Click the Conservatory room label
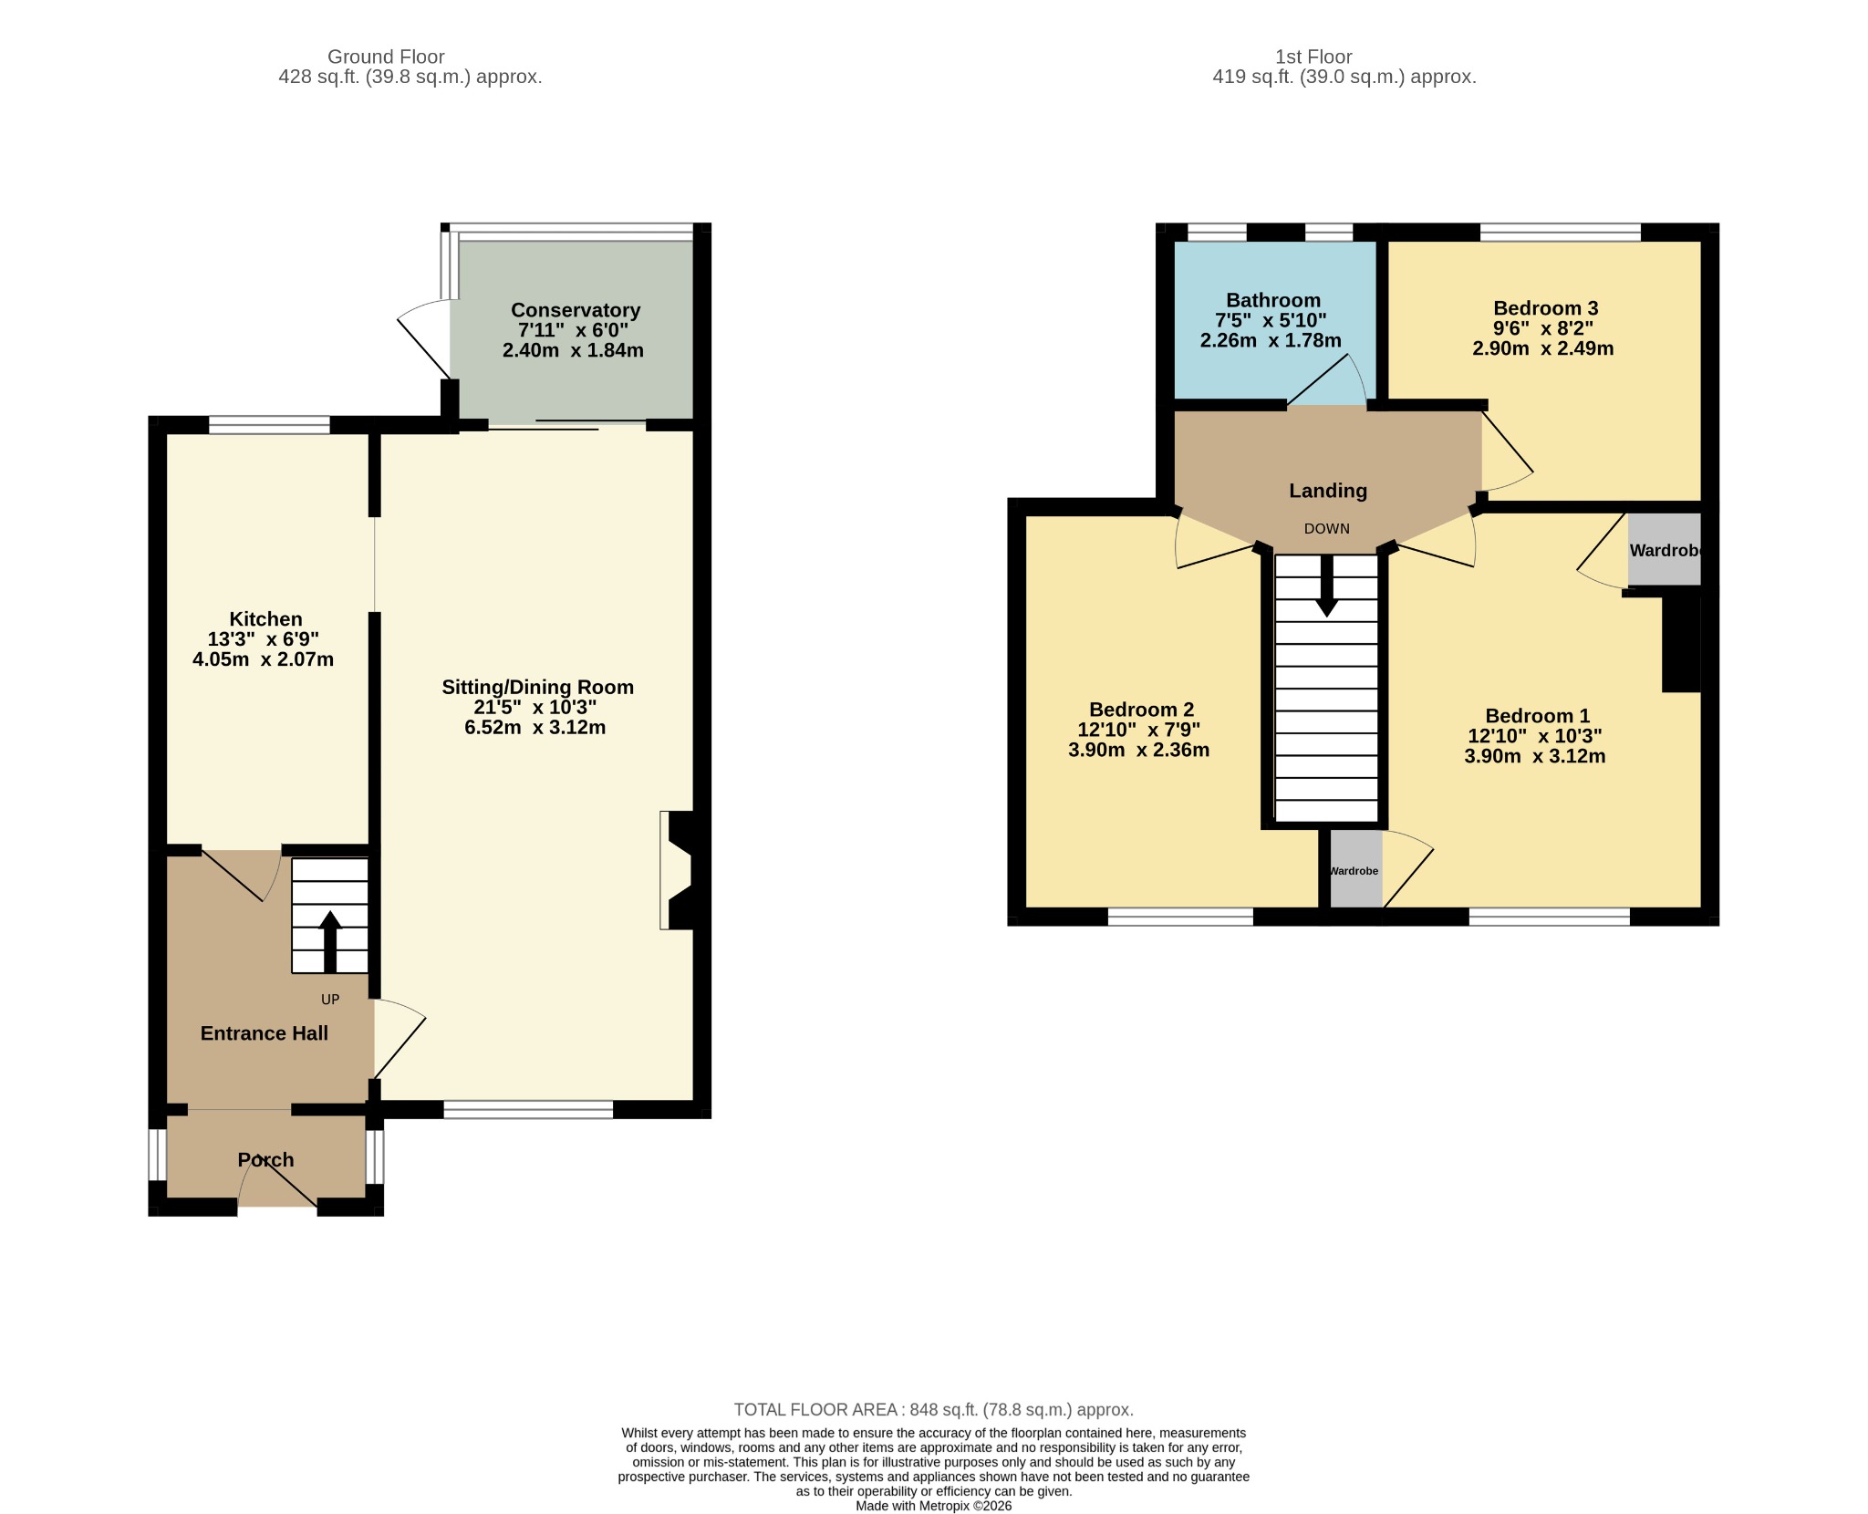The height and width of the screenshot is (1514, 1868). click(576, 310)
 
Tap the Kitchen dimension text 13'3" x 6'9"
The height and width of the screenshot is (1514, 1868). click(264, 639)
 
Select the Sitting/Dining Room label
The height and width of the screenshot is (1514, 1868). click(537, 688)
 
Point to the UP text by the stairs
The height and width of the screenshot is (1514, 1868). click(330, 1000)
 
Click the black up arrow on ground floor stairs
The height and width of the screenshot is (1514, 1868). click(330, 941)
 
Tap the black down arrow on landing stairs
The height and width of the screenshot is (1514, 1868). click(1327, 586)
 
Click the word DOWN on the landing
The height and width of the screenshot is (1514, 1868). click(1327, 529)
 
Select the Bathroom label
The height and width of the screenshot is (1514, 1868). click(1273, 300)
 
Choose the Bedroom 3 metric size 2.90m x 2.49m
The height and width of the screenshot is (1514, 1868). click(1543, 348)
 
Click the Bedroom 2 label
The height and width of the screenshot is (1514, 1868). click(1141, 710)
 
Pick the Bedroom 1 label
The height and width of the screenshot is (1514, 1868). click(1538, 716)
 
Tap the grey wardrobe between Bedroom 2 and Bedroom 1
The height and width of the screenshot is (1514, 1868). click(1356, 868)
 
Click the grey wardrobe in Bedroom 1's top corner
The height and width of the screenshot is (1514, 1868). click(1665, 549)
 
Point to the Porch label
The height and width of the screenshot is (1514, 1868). click(265, 1160)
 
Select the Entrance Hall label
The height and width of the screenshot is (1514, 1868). click(265, 1033)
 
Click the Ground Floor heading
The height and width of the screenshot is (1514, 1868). click(386, 57)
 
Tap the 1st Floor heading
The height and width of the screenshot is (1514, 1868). click(1313, 57)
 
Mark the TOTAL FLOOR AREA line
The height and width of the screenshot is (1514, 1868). click(934, 1410)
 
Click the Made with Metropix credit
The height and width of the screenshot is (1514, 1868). click(934, 1506)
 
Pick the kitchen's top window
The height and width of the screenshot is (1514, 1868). click(269, 424)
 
